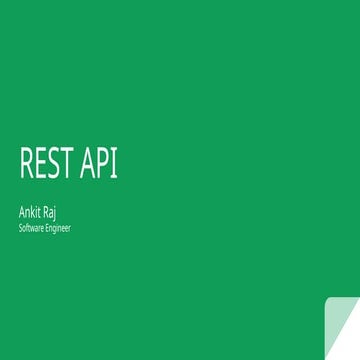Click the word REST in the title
click(47, 165)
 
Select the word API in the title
click(99, 165)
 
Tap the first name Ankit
click(30, 211)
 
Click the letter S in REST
click(53, 165)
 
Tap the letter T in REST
click(66, 165)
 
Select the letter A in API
click(87, 165)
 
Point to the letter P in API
click(103, 165)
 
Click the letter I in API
click(115, 165)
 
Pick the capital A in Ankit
click(22, 211)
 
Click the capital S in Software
click(20, 228)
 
